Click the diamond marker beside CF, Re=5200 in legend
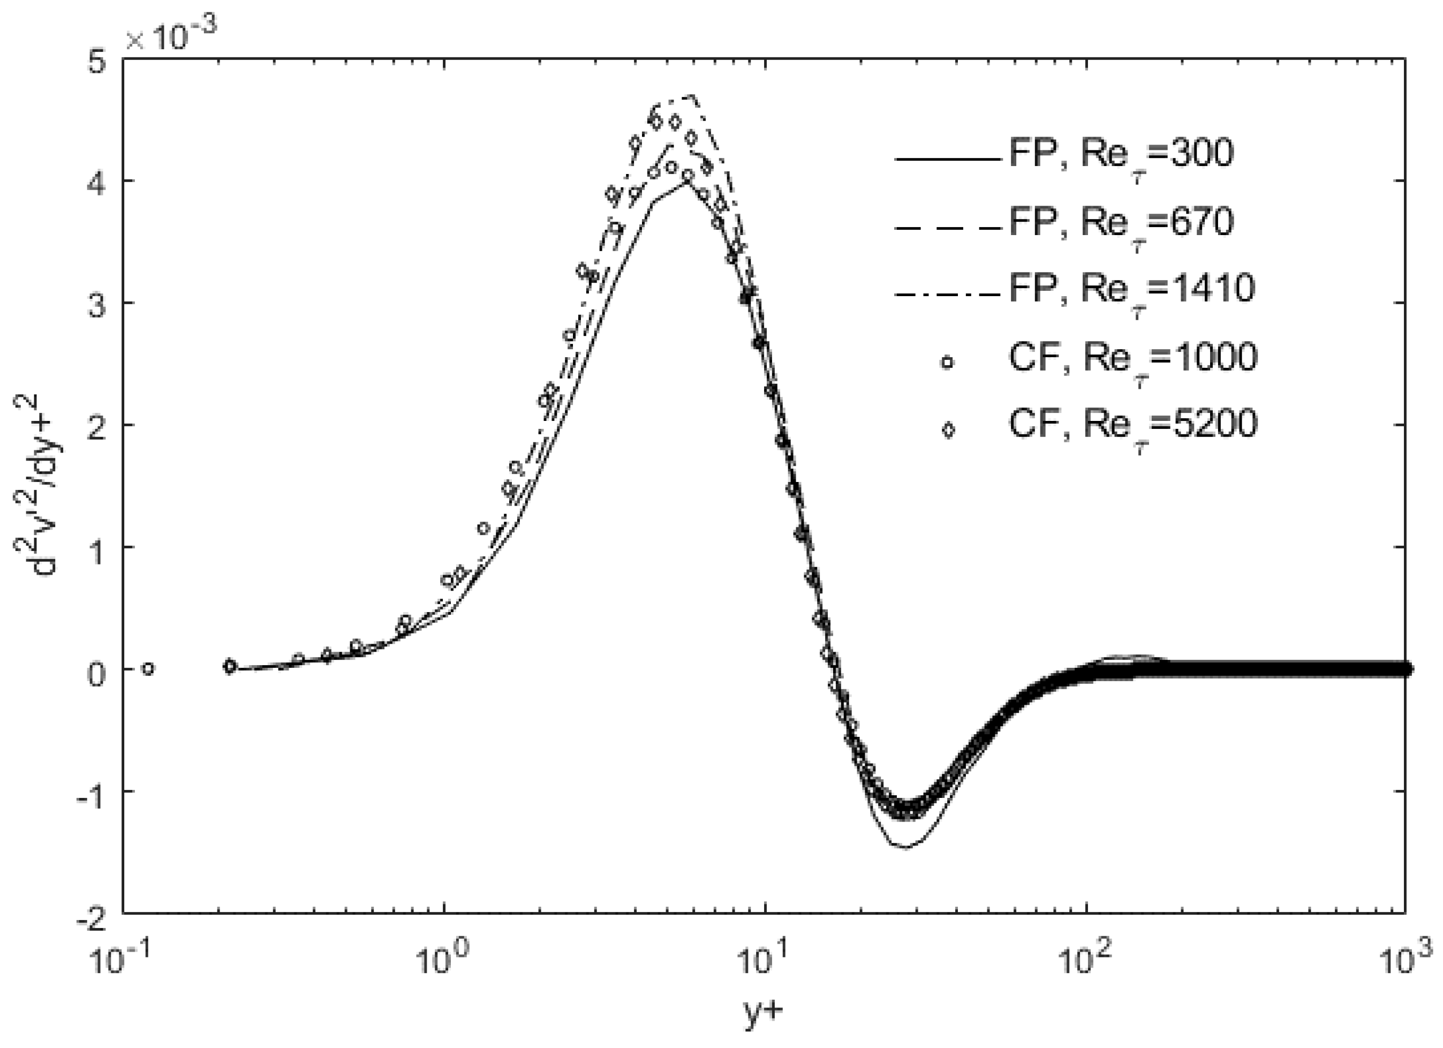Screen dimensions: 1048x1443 click(948, 430)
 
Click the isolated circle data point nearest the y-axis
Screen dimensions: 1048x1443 click(148, 669)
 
